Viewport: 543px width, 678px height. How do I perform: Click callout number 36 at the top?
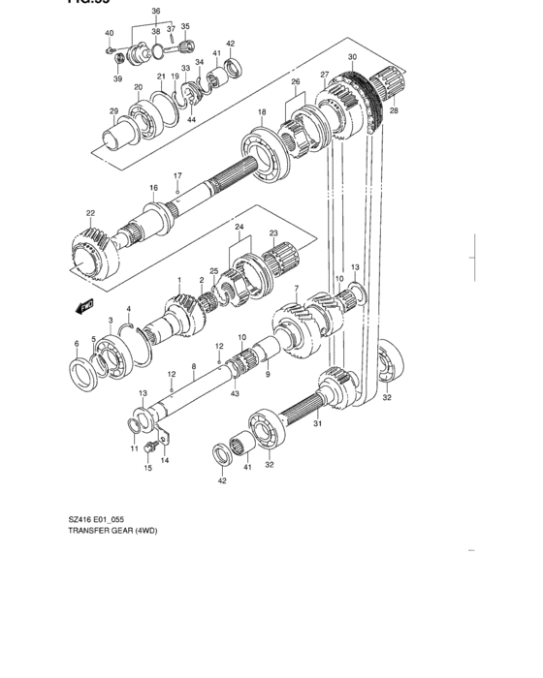pos(156,12)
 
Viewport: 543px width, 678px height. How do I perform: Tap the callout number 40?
pos(109,33)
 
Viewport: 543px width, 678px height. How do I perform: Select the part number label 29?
pos(113,111)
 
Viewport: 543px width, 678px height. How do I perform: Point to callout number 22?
pos(90,213)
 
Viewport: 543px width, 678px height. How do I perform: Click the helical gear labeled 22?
pos(95,251)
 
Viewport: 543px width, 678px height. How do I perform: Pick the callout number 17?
pos(177,176)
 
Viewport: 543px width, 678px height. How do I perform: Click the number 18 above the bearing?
pos(262,113)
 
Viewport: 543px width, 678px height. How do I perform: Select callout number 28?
pos(393,111)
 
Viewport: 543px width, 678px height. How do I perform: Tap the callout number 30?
pos(353,58)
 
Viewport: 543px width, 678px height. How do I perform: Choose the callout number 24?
pos(238,227)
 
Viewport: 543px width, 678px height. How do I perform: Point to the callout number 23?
pos(274,233)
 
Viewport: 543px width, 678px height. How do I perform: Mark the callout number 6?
pos(77,343)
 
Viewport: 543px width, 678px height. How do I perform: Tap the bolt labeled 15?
pos(148,447)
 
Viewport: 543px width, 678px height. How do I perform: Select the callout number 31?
pos(316,422)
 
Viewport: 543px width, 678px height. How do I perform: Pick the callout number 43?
pos(235,392)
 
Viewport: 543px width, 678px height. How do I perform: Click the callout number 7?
pos(297,288)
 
